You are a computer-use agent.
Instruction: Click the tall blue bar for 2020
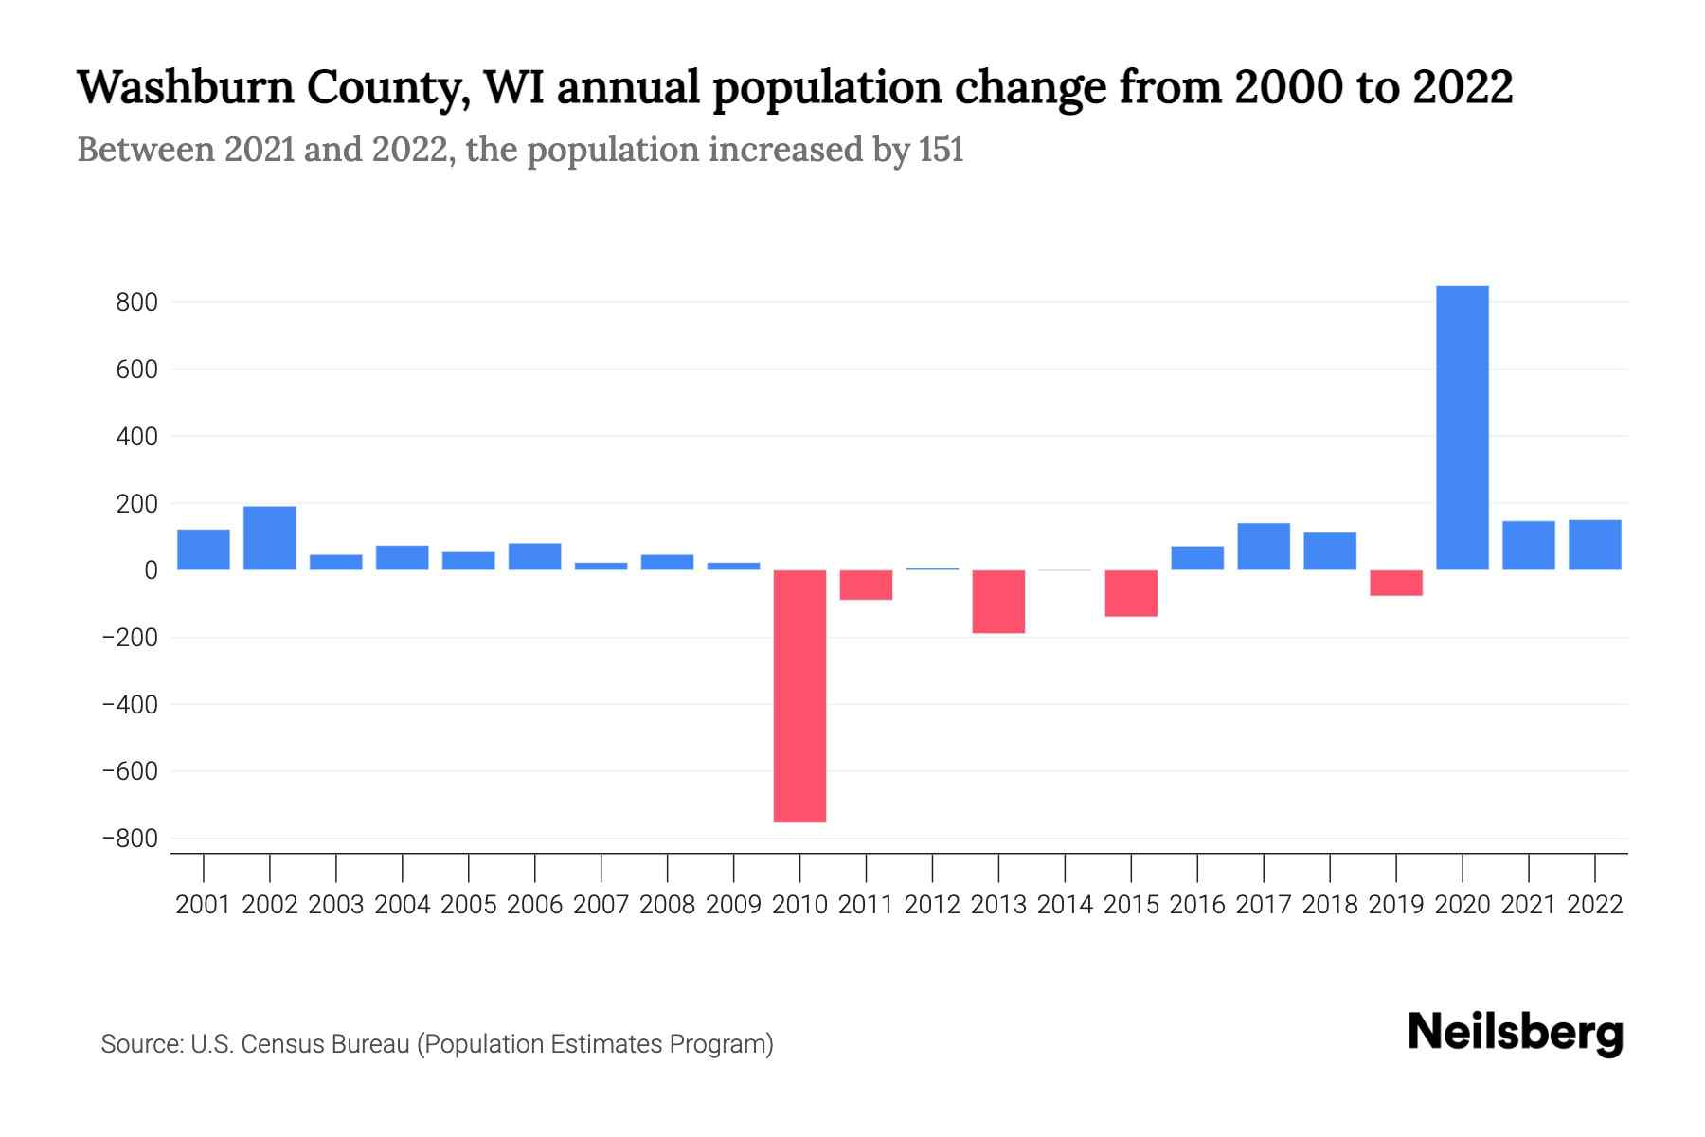(1463, 427)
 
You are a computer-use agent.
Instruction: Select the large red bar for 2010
(799, 695)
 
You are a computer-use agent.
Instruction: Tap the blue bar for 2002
(270, 538)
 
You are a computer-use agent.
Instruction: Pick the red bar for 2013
(998, 602)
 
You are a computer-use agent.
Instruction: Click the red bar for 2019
(1396, 583)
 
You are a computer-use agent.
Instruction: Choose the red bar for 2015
(1131, 593)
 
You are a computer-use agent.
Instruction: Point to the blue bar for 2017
(1264, 547)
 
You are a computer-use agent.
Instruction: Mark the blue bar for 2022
(1595, 545)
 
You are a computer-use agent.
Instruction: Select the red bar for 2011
(866, 585)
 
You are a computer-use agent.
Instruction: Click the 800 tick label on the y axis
(136, 303)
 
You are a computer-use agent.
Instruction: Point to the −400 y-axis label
(130, 705)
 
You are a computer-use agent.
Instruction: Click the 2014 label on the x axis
(1065, 905)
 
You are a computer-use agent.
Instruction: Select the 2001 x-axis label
(204, 905)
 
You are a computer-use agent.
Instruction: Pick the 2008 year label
(667, 905)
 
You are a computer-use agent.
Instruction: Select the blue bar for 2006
(534, 557)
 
